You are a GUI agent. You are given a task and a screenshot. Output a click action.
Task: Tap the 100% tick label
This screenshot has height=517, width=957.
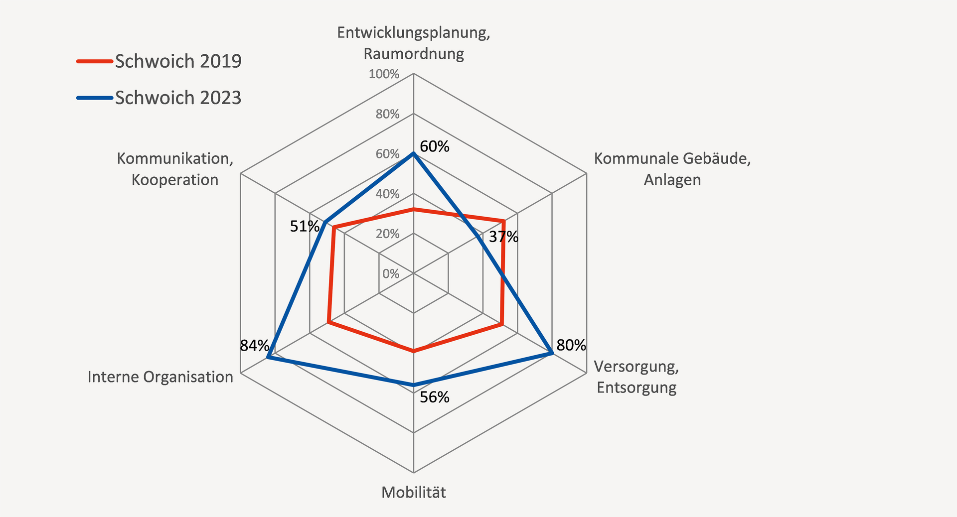coord(384,74)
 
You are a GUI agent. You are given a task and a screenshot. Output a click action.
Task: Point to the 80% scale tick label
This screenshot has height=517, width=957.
coord(387,114)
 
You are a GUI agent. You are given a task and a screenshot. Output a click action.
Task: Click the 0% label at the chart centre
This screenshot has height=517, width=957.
coord(391,273)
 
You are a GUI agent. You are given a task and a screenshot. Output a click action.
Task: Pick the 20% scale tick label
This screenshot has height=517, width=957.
coord(387,234)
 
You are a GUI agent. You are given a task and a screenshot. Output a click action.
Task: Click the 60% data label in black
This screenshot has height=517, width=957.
coord(435,146)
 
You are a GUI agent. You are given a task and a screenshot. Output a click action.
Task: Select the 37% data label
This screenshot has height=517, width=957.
coord(503,237)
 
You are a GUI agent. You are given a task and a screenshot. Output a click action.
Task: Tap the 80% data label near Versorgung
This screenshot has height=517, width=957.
coord(571,345)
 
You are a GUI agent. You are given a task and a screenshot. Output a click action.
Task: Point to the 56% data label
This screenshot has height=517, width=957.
coord(435,397)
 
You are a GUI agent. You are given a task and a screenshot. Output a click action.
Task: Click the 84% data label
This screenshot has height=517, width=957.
coord(254,345)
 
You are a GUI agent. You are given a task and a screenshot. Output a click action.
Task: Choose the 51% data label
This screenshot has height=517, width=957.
coord(305,227)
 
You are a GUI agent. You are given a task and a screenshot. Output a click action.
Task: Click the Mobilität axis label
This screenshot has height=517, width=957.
coord(414,493)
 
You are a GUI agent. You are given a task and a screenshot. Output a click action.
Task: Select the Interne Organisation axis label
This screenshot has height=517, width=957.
coord(160,377)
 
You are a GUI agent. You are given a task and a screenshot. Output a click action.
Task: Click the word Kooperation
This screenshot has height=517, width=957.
coord(175,180)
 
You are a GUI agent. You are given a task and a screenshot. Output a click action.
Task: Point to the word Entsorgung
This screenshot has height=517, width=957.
coord(637,388)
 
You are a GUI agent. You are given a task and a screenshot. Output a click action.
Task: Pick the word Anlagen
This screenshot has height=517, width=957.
coord(672,180)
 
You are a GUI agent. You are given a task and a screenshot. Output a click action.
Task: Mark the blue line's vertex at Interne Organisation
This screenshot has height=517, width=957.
coord(268,358)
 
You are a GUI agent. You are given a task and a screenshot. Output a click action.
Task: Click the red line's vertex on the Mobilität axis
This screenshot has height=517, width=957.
coord(414,352)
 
